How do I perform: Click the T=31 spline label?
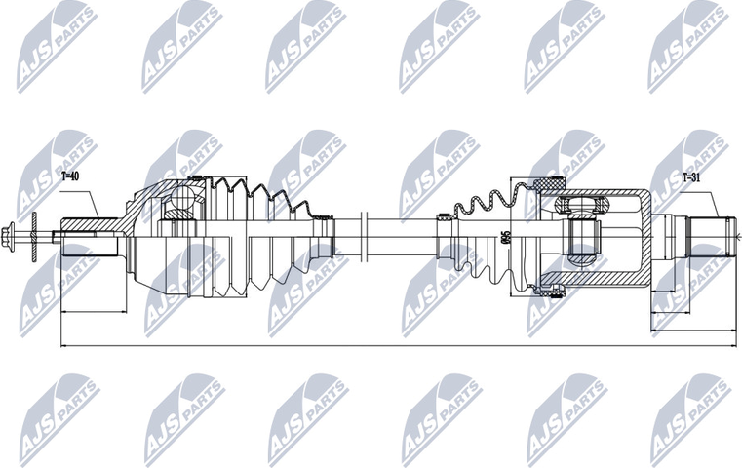click(x=691, y=177)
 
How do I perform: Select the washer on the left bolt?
click(x=31, y=235)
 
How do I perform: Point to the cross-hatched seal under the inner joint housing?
click(x=551, y=286)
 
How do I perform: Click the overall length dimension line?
click(x=390, y=344)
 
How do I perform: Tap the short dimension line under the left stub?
click(x=94, y=313)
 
